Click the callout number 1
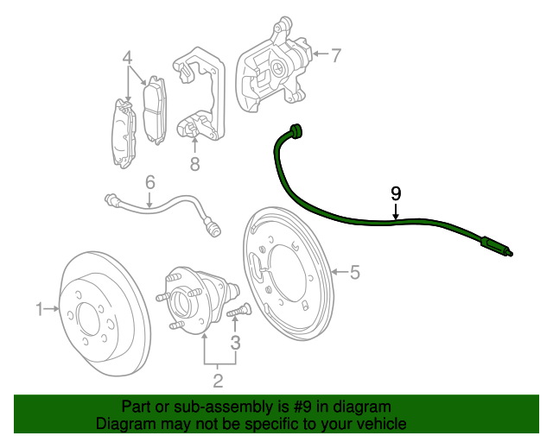[40, 309]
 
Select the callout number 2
[218, 381]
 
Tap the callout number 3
[235, 343]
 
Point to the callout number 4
[127, 58]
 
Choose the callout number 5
[355, 272]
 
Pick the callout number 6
[150, 183]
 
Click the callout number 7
[336, 55]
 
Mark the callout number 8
[195, 164]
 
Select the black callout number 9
[396, 194]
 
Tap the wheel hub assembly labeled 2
[198, 300]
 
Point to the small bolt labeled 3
[238, 311]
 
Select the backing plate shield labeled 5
[288, 274]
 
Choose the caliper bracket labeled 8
[200, 94]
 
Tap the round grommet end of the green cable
[295, 130]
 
